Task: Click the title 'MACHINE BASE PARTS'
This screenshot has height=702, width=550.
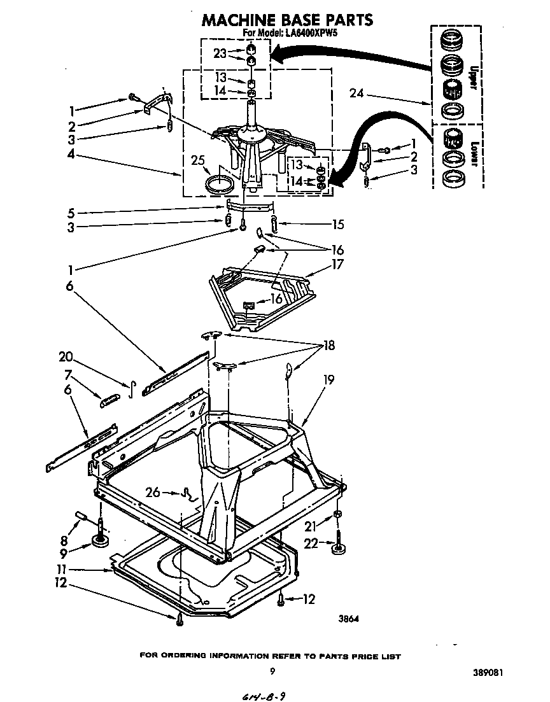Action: pyautogui.click(x=287, y=20)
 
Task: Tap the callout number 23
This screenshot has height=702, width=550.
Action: pyautogui.click(x=220, y=54)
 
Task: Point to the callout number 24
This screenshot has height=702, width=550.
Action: pyautogui.click(x=358, y=94)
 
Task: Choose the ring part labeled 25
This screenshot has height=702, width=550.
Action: pyautogui.click(x=220, y=186)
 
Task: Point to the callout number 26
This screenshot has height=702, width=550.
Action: pyautogui.click(x=153, y=492)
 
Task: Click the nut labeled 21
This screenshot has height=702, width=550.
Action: pyautogui.click(x=338, y=514)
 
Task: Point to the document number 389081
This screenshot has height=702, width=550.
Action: pyautogui.click(x=491, y=671)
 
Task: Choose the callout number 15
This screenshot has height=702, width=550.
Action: pyautogui.click(x=337, y=224)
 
